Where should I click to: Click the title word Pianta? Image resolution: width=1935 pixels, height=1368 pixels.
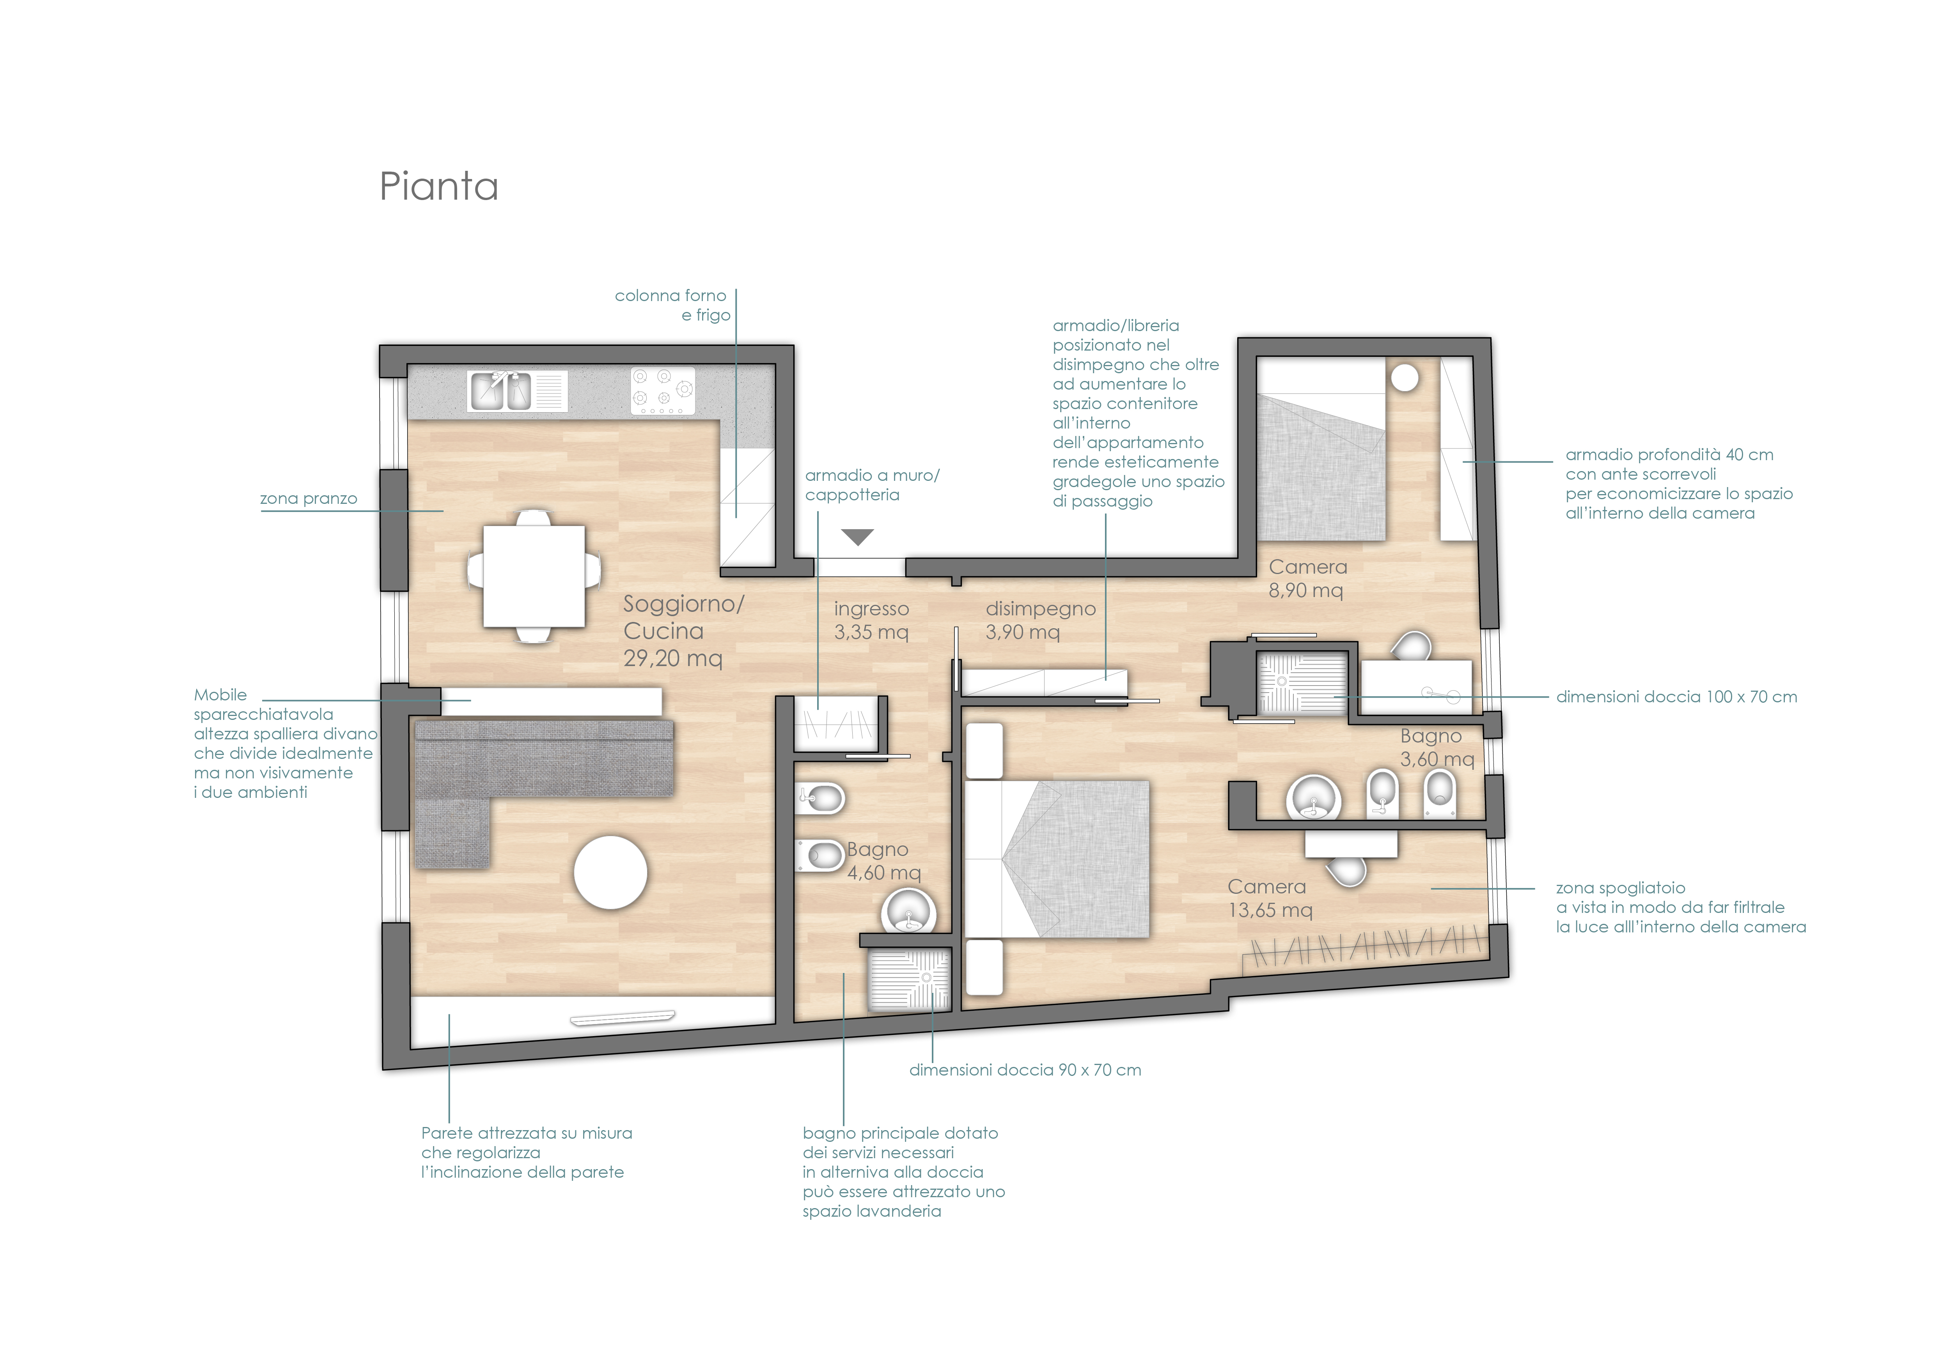click(x=439, y=186)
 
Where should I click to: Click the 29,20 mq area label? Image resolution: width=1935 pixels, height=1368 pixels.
click(x=672, y=658)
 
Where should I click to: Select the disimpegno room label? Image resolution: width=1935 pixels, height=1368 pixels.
click(x=1041, y=608)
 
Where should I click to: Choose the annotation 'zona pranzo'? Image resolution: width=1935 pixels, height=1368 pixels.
click(x=309, y=499)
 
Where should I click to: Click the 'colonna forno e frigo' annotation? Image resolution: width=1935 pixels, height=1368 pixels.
click(x=672, y=305)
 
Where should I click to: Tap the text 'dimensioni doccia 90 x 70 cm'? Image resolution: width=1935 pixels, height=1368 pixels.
click(x=1025, y=1070)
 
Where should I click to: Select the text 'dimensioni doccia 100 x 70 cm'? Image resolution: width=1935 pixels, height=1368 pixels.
click(x=1676, y=696)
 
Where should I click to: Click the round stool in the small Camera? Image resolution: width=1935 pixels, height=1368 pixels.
click(x=1404, y=377)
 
